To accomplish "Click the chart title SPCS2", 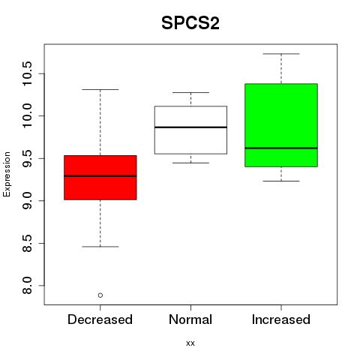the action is point(190,23).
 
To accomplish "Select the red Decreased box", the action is point(100,178).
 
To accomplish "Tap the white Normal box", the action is point(190,130).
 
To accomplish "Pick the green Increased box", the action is point(281,125).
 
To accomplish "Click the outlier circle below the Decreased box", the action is point(100,295).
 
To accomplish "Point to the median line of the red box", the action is point(100,176).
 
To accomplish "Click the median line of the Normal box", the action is point(190,127).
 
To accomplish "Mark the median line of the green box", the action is point(281,148).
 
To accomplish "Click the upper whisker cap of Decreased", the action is point(100,89).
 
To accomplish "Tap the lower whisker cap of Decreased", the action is point(100,247).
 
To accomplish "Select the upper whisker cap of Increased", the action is point(281,54).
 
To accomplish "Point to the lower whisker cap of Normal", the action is point(190,163).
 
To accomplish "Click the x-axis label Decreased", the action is point(100,319).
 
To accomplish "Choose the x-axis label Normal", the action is point(190,319).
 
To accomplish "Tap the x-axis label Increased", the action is point(281,319).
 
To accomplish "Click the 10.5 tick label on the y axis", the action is point(27,73).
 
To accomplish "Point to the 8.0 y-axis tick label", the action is point(27,286).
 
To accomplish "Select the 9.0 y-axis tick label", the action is point(27,200).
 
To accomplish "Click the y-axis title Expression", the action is point(7,174).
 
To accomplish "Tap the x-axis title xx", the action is point(190,343).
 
